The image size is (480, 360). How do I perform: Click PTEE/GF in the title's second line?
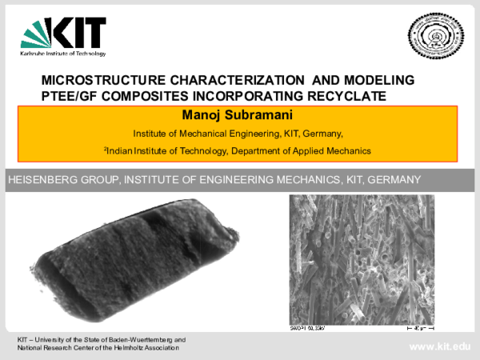(x=71, y=96)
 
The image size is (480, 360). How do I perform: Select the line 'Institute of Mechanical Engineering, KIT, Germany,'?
(x=238, y=134)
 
